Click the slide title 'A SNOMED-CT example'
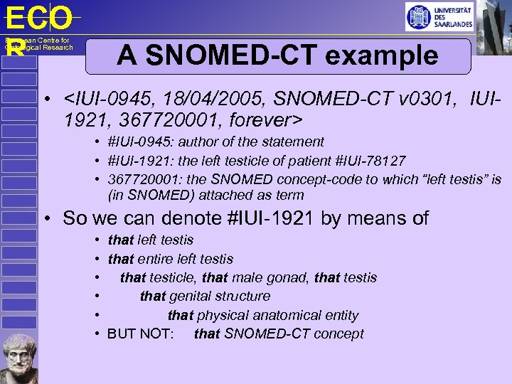278,55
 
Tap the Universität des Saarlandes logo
439,16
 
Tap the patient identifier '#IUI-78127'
371,161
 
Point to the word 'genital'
193,296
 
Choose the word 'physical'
223,315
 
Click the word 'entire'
156,259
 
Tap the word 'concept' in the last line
339,334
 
